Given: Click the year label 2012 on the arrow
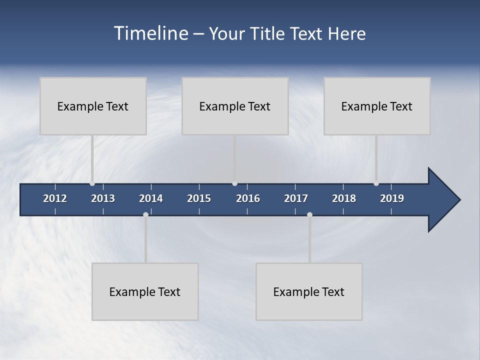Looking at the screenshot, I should (x=55, y=198).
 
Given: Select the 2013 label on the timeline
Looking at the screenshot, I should (x=103, y=198).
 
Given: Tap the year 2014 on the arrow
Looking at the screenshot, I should (x=151, y=198).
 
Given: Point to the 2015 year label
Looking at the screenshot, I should (x=199, y=198).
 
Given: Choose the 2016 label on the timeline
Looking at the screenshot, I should (x=248, y=198).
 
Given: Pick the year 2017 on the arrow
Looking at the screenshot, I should (x=296, y=198).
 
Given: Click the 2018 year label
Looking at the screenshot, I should (x=344, y=198).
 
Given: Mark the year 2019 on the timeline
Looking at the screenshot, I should (x=392, y=198).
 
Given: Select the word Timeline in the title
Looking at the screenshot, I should (x=150, y=33).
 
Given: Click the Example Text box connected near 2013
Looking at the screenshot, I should (x=93, y=106).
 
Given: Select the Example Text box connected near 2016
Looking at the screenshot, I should (x=235, y=106).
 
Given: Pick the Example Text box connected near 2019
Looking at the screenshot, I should (x=377, y=106).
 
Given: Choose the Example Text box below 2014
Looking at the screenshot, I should (x=145, y=291).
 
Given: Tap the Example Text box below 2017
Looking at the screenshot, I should (x=309, y=291).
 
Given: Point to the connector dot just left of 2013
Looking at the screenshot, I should (x=92, y=183).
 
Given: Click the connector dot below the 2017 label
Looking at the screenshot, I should (x=309, y=214).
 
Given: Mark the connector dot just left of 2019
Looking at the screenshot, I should (x=376, y=183).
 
